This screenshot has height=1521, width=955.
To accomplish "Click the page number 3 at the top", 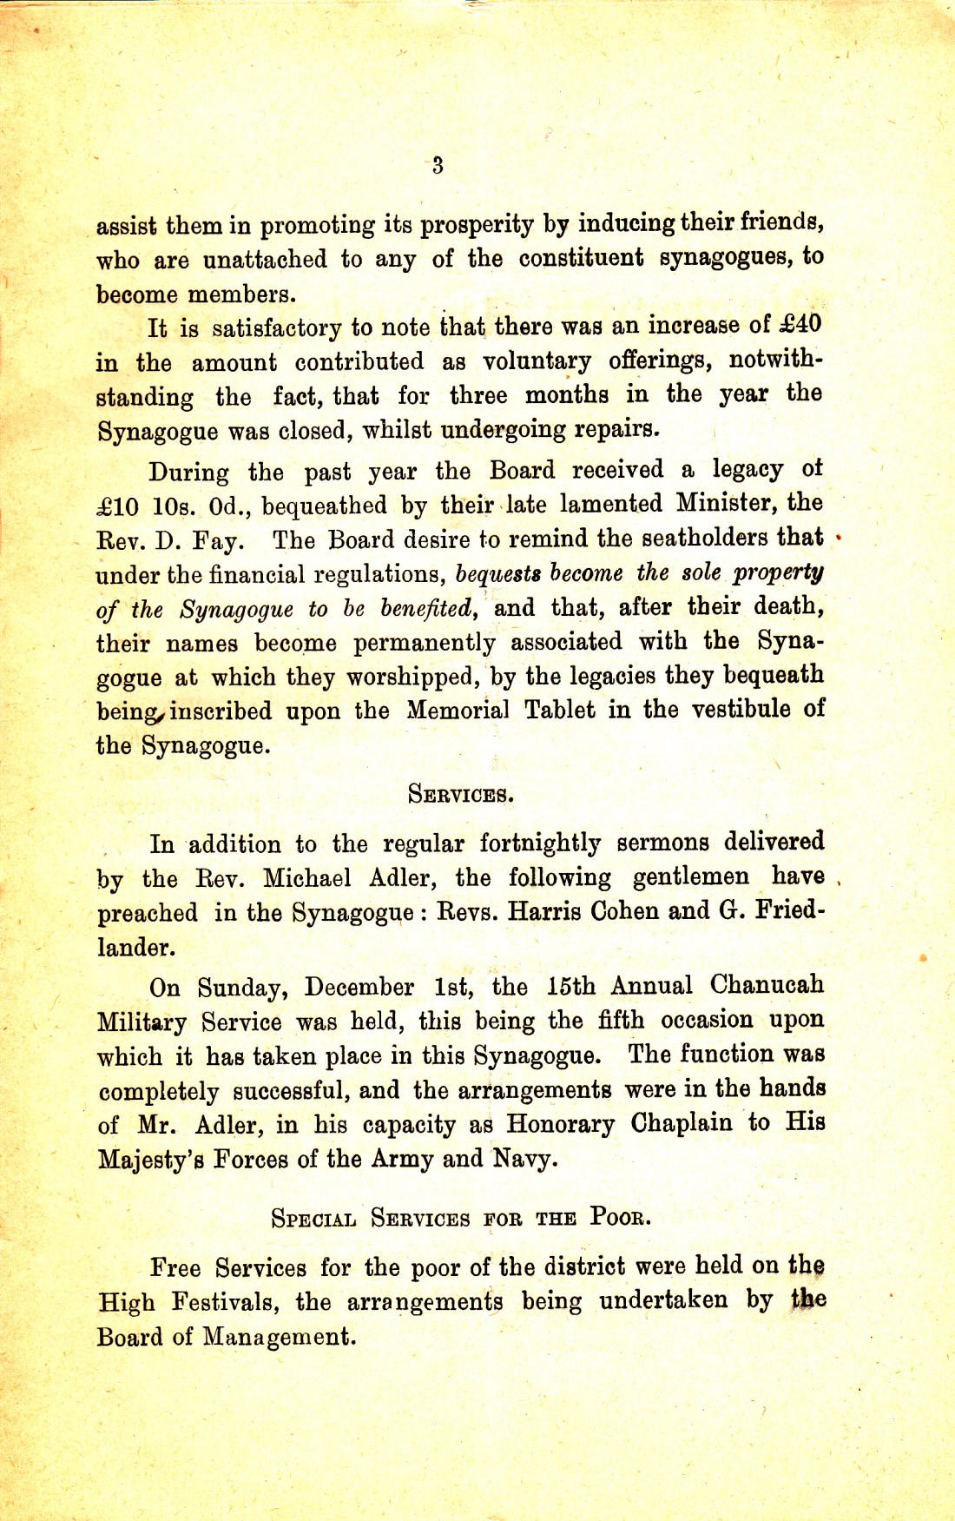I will click(437, 165).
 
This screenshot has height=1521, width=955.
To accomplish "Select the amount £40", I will click(799, 324).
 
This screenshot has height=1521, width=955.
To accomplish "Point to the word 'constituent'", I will click(581, 258).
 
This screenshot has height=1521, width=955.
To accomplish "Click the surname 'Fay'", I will click(215, 541).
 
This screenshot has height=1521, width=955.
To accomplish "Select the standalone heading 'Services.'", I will click(460, 794).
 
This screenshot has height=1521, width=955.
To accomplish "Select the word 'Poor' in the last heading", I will click(619, 1216).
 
